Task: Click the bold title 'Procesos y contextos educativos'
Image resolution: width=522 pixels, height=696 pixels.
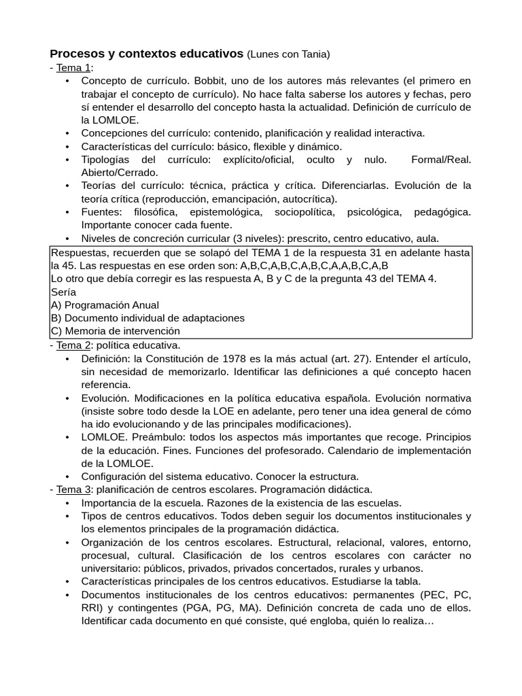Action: click(146, 53)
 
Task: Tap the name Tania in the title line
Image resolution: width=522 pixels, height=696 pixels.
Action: click(313, 54)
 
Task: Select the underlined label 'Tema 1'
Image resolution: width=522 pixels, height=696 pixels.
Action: click(73, 67)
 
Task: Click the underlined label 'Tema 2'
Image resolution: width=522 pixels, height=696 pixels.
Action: click(73, 345)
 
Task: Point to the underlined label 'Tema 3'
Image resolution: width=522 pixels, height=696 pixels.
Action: click(73, 489)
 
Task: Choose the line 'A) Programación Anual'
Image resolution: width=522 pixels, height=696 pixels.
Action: click(105, 304)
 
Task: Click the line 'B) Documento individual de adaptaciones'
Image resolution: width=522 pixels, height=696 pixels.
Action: click(147, 317)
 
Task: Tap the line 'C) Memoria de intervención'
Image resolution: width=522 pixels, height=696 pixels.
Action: click(116, 331)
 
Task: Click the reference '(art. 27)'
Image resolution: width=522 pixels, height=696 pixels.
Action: click(349, 358)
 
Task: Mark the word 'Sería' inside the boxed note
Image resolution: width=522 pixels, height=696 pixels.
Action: click(64, 292)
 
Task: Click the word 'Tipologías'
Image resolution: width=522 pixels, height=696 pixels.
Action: click(106, 160)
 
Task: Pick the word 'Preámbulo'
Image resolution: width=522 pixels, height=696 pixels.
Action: click(160, 437)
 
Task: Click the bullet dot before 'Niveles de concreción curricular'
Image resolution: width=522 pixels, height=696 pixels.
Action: click(67, 239)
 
